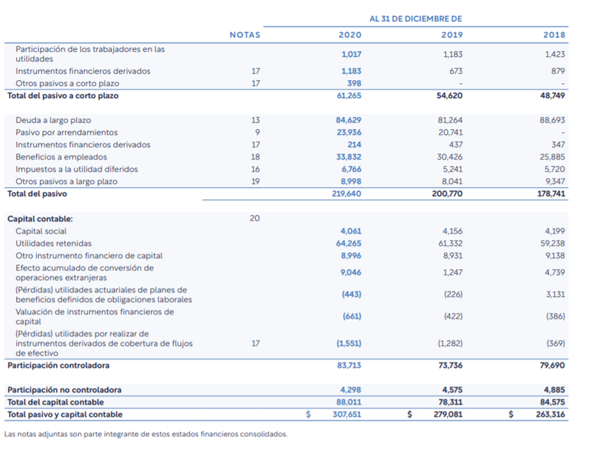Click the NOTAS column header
pyautogui.click(x=245, y=35)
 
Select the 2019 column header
pyautogui.click(x=452, y=35)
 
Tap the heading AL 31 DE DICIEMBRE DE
pyautogui.click(x=415, y=19)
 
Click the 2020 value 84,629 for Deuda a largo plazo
pyautogui.click(x=348, y=120)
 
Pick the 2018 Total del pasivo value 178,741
pyautogui.click(x=551, y=194)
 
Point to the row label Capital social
pyautogui.click(x=41, y=231)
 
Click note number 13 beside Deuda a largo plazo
pyautogui.click(x=255, y=120)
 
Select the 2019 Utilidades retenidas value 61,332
pyautogui.click(x=450, y=243)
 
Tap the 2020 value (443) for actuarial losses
pyautogui.click(x=351, y=295)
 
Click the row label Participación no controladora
pyautogui.click(x=65, y=390)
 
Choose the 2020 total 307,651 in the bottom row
pyautogui.click(x=347, y=414)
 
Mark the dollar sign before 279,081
pyautogui.click(x=410, y=414)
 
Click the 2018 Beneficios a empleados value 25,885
pyautogui.click(x=552, y=157)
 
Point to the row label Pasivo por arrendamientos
pyautogui.click(x=67, y=133)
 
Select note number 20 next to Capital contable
pyautogui.click(x=255, y=218)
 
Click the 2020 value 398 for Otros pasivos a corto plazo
pyautogui.click(x=354, y=83)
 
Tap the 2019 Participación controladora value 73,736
pyautogui.click(x=450, y=366)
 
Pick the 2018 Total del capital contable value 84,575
pyautogui.click(x=552, y=402)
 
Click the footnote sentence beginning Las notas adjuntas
pyautogui.click(x=146, y=434)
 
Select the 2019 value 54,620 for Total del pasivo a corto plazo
pyautogui.click(x=450, y=95)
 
